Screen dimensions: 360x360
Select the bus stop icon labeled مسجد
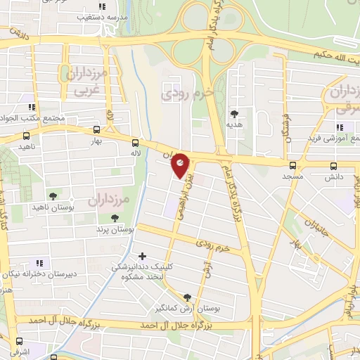292,166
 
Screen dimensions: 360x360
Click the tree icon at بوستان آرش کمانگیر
187,297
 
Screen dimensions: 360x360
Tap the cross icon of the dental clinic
143,256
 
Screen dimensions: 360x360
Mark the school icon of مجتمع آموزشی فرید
339,127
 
